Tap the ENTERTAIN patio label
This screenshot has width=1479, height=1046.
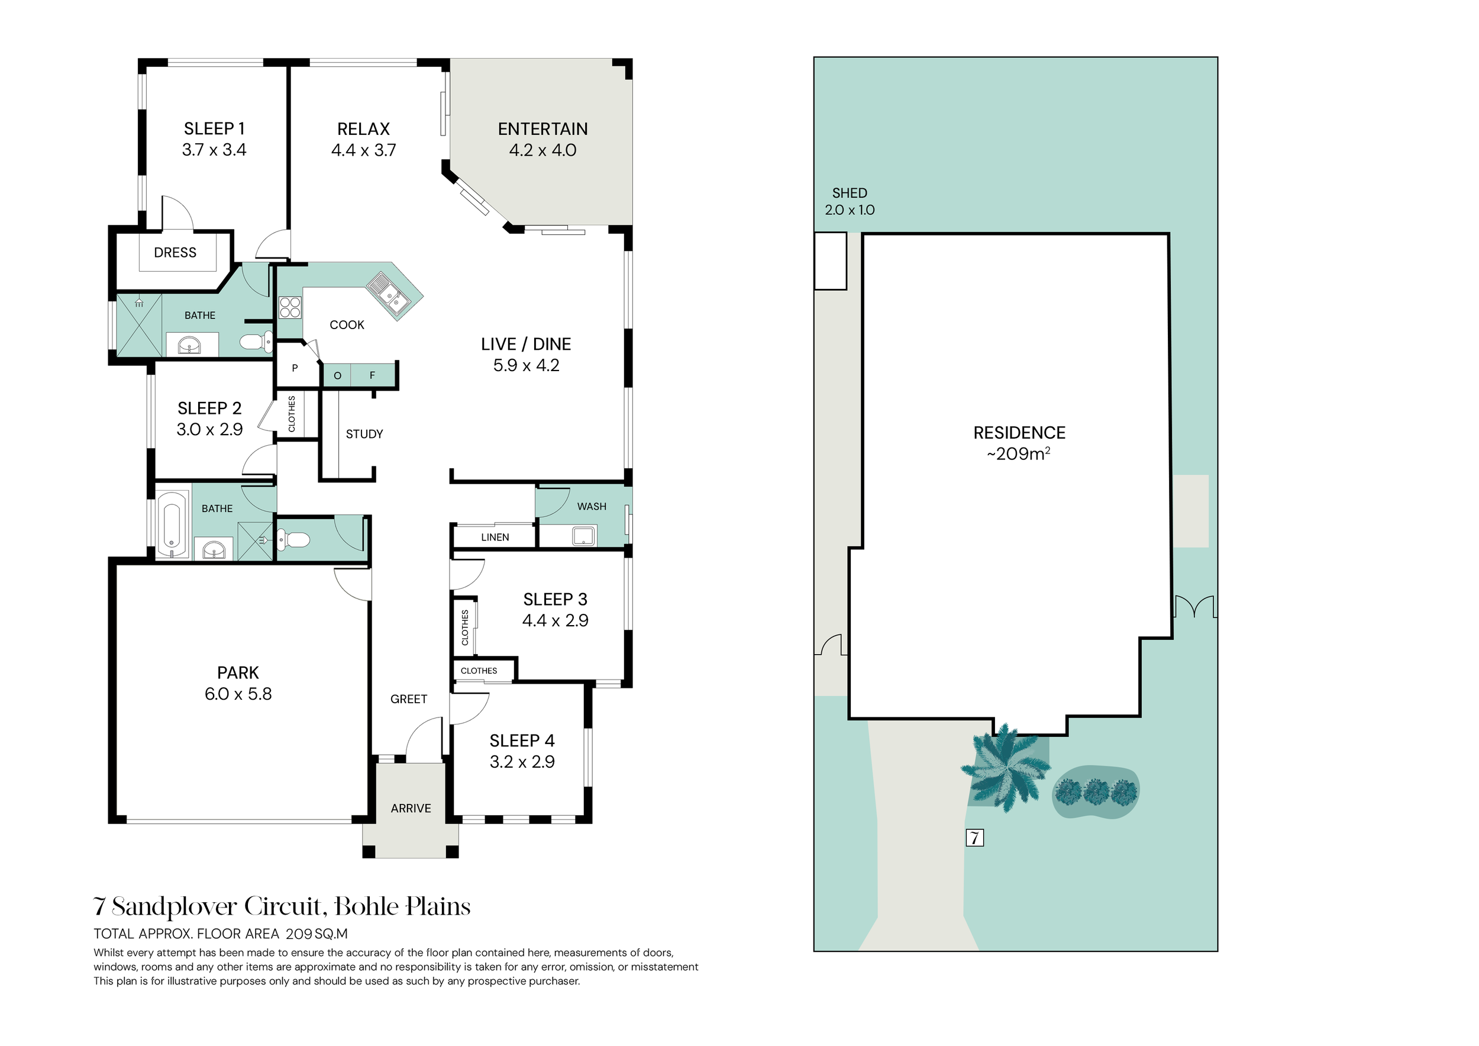point(542,129)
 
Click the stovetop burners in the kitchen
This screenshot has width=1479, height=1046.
point(290,307)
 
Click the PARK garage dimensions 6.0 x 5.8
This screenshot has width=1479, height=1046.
point(238,694)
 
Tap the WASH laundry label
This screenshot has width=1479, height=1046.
point(592,507)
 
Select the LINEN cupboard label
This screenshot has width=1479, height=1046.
point(495,538)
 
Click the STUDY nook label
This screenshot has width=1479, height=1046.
point(364,435)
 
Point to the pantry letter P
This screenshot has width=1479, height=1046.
point(295,369)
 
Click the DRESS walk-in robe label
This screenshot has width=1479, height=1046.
point(175,253)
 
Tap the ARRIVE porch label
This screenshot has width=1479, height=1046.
point(411,808)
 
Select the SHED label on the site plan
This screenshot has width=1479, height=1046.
point(850,194)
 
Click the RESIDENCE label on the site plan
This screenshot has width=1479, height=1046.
point(1019,433)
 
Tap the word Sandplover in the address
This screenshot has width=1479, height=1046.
point(175,907)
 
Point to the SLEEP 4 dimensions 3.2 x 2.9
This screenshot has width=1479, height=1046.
point(522,762)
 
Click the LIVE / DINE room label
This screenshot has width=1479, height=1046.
point(526,344)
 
